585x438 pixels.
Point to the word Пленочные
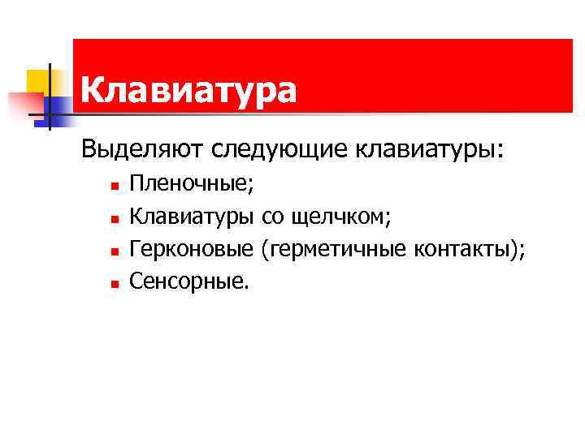click(x=191, y=184)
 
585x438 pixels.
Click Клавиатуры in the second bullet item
click(x=193, y=217)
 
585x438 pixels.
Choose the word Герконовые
click(x=193, y=249)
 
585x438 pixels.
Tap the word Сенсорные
click(x=190, y=281)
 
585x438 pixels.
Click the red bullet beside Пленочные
click(x=115, y=187)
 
